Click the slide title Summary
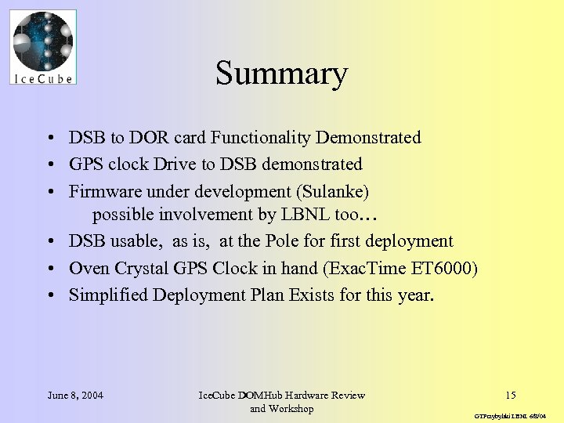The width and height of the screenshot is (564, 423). (281, 74)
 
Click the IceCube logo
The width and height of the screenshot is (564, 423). (44, 46)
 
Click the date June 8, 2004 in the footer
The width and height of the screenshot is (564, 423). (75, 395)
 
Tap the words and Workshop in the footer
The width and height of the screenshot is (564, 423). (281, 408)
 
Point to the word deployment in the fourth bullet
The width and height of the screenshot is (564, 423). (412, 241)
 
